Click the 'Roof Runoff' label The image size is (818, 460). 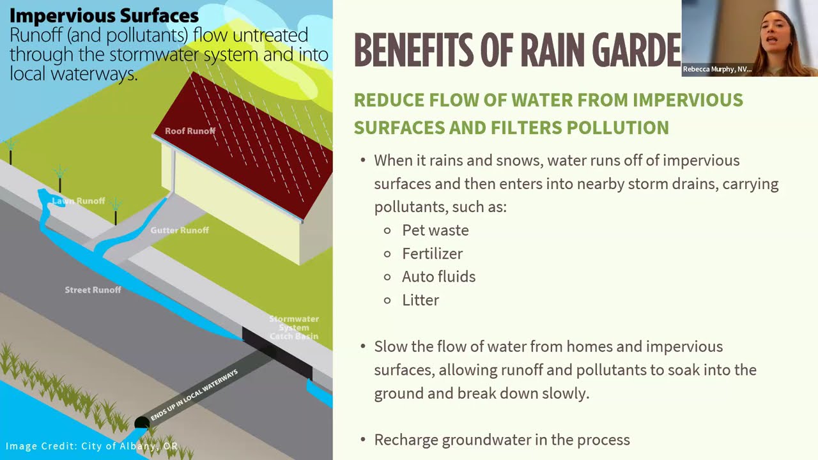pyautogui.click(x=190, y=131)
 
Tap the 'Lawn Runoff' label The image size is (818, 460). pyautogui.click(x=78, y=201)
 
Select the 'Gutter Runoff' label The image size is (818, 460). pyautogui.click(x=180, y=230)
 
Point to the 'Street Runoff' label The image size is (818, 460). pyautogui.click(x=93, y=290)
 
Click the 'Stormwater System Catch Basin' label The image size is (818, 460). pyautogui.click(x=293, y=327)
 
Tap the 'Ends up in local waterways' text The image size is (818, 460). pyautogui.click(x=194, y=395)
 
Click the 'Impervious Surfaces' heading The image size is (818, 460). pyautogui.click(x=104, y=15)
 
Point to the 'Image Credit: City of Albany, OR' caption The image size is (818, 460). pyautogui.click(x=91, y=446)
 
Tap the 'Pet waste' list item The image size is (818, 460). pyautogui.click(x=435, y=230)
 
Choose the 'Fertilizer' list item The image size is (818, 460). pyautogui.click(x=432, y=254)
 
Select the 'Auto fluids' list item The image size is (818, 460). pyautogui.click(x=438, y=277)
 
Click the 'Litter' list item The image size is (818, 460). pyautogui.click(x=421, y=300)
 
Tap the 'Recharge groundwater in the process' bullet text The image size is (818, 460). pyautogui.click(x=502, y=440)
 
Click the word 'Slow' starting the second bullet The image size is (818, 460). pyautogui.click(x=389, y=347)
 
